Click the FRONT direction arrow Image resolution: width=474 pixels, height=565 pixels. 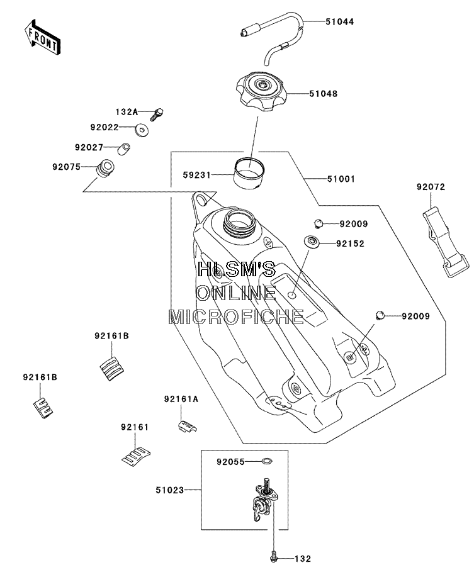click(x=42, y=38)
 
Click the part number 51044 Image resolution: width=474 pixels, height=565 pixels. click(x=339, y=21)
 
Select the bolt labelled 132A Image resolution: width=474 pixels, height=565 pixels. click(x=157, y=115)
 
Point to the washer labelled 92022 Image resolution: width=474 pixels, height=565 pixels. click(x=143, y=130)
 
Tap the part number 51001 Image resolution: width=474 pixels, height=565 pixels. click(x=341, y=179)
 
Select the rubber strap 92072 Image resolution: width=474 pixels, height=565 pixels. click(x=446, y=242)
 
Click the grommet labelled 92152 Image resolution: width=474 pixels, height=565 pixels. click(x=312, y=242)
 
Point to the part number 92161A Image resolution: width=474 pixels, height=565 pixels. click(x=181, y=400)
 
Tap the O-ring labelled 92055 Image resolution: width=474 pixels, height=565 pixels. click(x=267, y=461)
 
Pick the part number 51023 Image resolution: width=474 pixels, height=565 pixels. click(x=170, y=490)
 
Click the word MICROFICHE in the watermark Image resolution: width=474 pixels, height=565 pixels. click(x=236, y=316)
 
